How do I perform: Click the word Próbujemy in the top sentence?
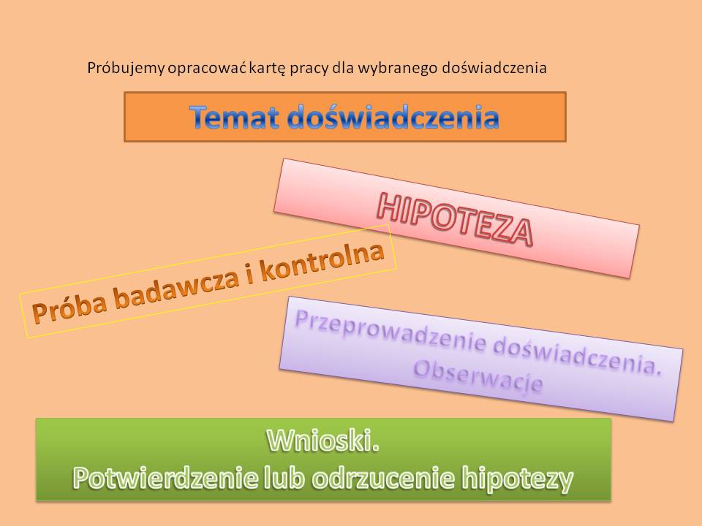127,69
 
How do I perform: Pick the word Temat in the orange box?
235,117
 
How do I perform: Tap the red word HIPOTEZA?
454,220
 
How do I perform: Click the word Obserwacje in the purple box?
478,377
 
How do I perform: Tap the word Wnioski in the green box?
322,440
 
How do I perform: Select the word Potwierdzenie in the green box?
165,477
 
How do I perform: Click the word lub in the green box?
285,477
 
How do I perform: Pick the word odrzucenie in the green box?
384,477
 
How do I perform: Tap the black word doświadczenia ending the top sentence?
494,69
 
